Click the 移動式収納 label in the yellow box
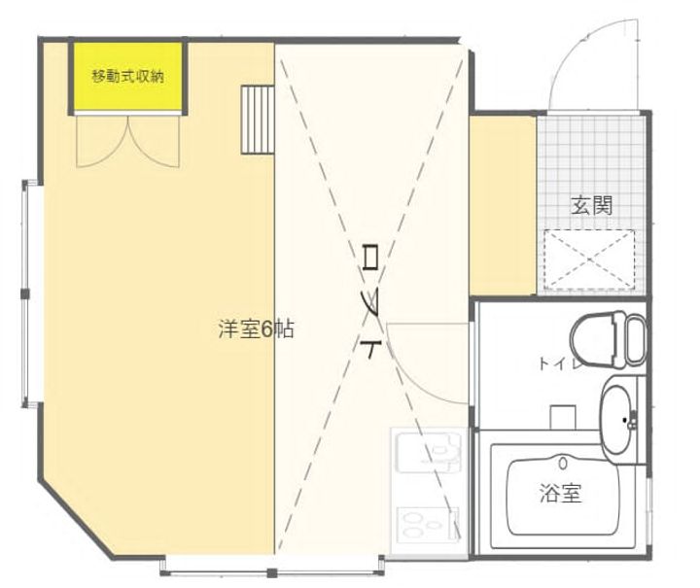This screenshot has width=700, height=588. pos(127,76)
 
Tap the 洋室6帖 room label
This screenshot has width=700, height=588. pos(256,329)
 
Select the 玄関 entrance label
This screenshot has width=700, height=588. pos(591,205)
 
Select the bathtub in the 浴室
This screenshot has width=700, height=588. pos(561,496)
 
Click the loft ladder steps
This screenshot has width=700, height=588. pos(259,120)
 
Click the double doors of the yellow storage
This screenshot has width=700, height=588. pos(127,141)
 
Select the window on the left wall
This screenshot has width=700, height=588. pos(29,293)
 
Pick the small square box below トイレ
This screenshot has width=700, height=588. pos(565,416)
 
